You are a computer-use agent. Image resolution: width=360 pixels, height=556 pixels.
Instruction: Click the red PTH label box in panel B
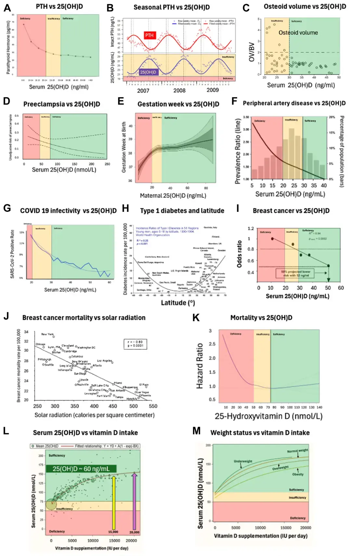[x=149, y=35]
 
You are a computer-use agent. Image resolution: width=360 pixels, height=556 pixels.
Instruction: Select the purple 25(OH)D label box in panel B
[x=148, y=72]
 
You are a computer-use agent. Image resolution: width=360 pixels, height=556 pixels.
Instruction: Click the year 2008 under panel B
[x=179, y=90]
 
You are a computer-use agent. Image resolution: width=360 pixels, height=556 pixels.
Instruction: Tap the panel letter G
[x=7, y=208]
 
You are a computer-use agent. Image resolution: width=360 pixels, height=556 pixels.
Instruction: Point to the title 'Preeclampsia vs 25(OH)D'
[x=62, y=104]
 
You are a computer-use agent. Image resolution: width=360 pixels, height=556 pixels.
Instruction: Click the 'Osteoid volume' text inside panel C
[x=298, y=32]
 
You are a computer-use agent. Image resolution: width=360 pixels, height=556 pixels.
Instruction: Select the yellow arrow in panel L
[x=113, y=503]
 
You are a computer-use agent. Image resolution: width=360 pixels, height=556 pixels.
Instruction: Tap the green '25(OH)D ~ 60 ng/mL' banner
[x=81, y=469]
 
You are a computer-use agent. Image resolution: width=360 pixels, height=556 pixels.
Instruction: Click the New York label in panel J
[x=47, y=334]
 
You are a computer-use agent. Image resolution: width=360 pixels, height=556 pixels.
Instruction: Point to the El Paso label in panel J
[x=144, y=384]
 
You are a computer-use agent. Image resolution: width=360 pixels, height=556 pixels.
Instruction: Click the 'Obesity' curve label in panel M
[x=298, y=474]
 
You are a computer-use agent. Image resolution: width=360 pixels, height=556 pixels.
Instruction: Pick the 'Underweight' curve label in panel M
[x=243, y=461]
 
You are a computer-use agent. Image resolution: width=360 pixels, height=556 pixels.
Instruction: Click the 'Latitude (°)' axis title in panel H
[x=178, y=303]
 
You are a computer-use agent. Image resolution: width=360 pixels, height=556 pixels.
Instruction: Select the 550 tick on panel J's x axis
[x=153, y=406]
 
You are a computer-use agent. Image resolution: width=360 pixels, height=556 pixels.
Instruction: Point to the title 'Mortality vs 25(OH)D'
[x=261, y=317]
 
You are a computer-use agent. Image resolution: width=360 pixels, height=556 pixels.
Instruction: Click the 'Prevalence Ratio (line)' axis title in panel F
[x=238, y=151]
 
